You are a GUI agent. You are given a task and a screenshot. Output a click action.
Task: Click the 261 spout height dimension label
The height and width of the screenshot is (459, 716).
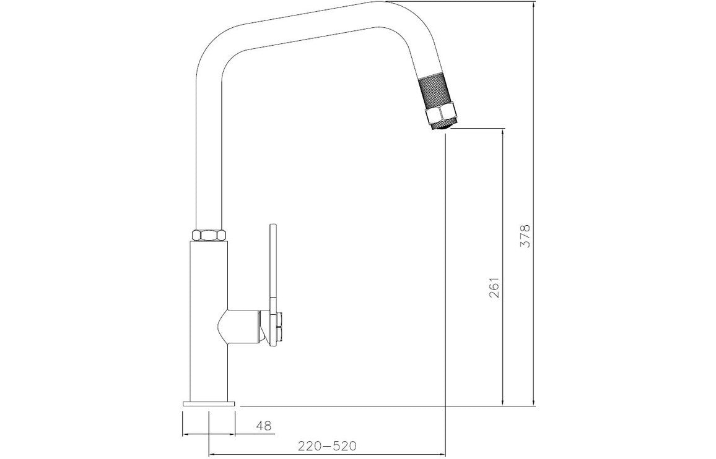click(x=494, y=288)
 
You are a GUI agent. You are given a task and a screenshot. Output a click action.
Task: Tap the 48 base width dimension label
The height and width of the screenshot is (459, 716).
click(x=264, y=426)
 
